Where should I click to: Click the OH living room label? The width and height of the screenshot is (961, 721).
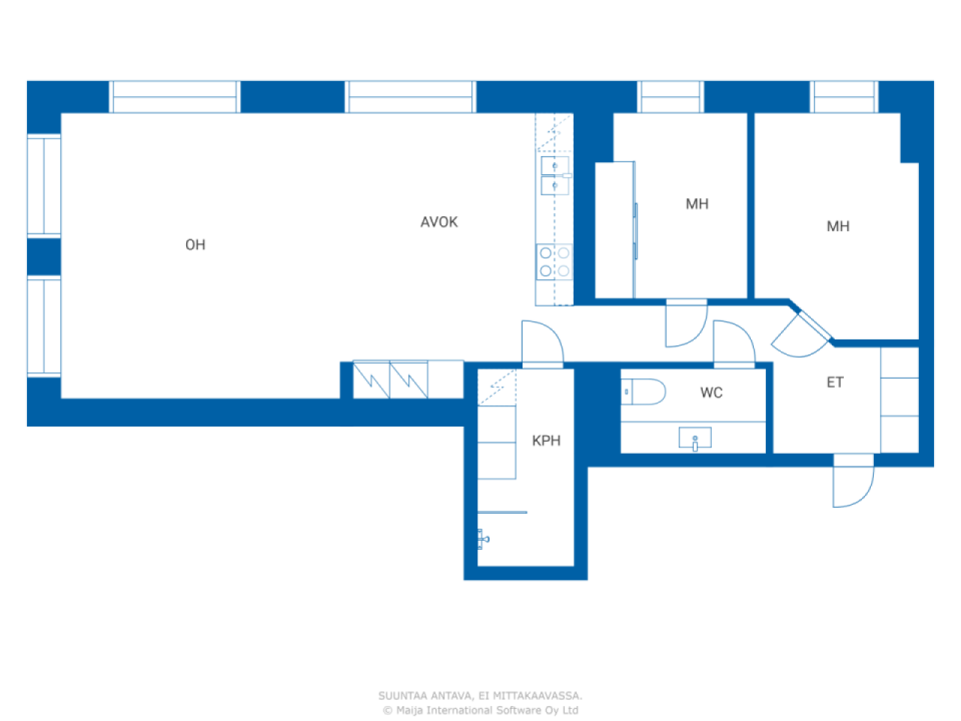pos(194,244)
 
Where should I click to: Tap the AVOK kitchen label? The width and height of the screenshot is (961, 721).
pos(438,222)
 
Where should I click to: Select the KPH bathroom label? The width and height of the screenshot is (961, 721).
pos(546,440)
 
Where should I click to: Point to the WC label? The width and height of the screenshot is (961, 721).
pos(711,392)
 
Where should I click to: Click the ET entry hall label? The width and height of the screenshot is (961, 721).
pos(834,382)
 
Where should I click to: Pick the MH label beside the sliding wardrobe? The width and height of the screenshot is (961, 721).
pos(697,204)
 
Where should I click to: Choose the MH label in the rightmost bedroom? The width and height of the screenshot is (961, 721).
pos(838,226)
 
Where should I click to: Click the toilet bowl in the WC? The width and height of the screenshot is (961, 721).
pos(643,391)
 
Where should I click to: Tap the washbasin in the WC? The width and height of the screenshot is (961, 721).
pos(694,438)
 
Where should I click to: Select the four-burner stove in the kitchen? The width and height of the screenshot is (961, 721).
pos(554,262)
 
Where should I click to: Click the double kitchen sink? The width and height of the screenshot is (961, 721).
pos(555,176)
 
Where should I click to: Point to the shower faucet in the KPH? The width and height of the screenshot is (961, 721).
pos(483,539)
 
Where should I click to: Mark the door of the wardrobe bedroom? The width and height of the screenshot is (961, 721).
pos(686,323)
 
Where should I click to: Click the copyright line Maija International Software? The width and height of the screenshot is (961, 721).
pos(480,710)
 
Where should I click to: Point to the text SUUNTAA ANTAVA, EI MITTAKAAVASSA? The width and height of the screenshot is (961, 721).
pos(480,695)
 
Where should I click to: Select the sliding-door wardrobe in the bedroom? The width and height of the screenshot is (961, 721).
pos(615,231)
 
